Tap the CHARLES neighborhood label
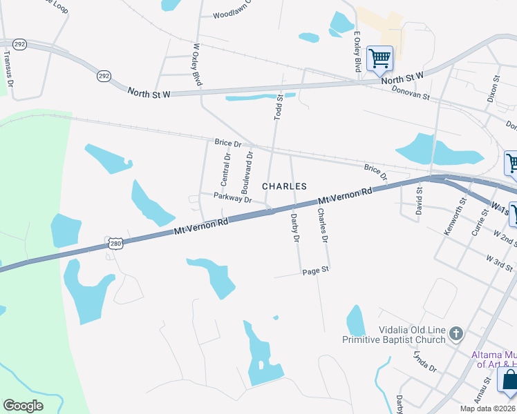[284, 187]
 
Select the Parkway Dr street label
[232, 198]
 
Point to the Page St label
[315, 272]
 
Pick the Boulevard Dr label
[247, 172]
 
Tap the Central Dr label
[225, 170]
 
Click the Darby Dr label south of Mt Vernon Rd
[295, 228]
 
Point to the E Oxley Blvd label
[357, 50]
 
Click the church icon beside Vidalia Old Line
[455, 335]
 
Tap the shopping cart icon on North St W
[379, 57]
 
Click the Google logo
[23, 405]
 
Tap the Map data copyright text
[487, 408]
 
